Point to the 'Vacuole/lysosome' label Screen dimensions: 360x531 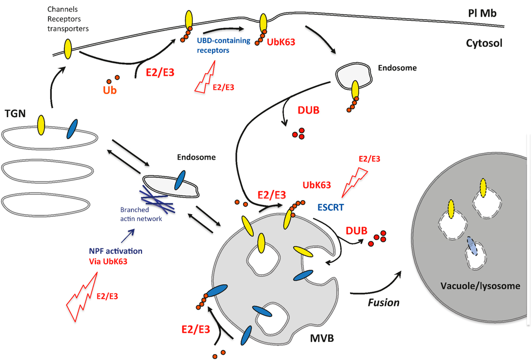coord(480,286)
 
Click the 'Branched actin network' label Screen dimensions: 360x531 coord(142,214)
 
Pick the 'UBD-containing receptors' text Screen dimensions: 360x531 coord(223,45)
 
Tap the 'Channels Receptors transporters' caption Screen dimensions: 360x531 coord(67,19)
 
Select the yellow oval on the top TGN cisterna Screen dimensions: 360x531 coord(41,124)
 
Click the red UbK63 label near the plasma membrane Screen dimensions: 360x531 coord(281,42)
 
